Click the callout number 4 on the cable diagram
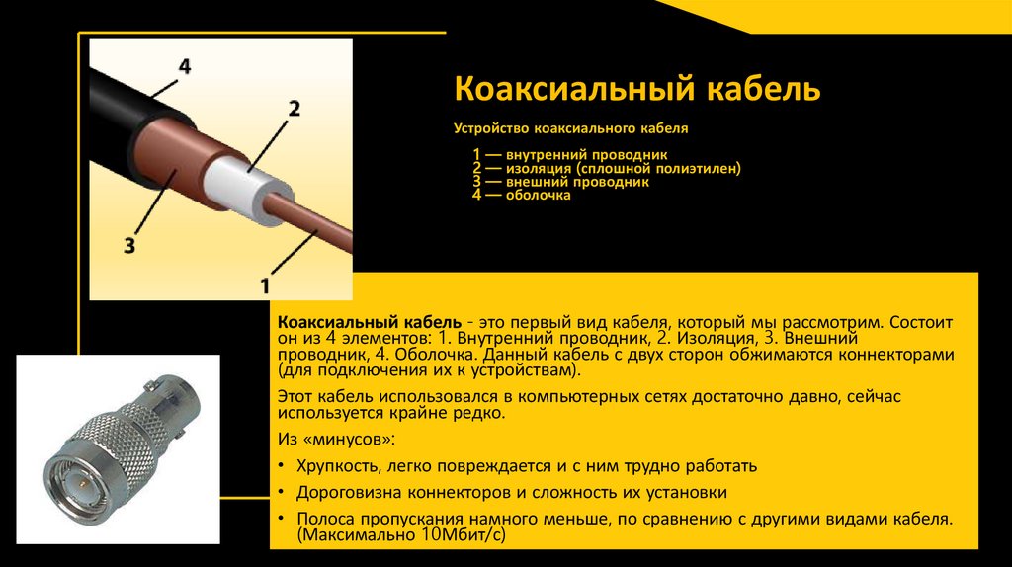click(x=184, y=67)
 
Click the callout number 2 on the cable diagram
click(x=294, y=109)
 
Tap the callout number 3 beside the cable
click(x=129, y=245)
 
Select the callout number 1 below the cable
click(x=264, y=285)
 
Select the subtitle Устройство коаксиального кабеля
click(x=569, y=128)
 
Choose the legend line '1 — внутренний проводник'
click(x=570, y=155)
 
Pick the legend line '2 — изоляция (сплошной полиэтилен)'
click(x=606, y=169)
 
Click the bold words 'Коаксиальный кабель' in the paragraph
click(x=369, y=323)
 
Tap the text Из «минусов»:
click(x=337, y=438)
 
